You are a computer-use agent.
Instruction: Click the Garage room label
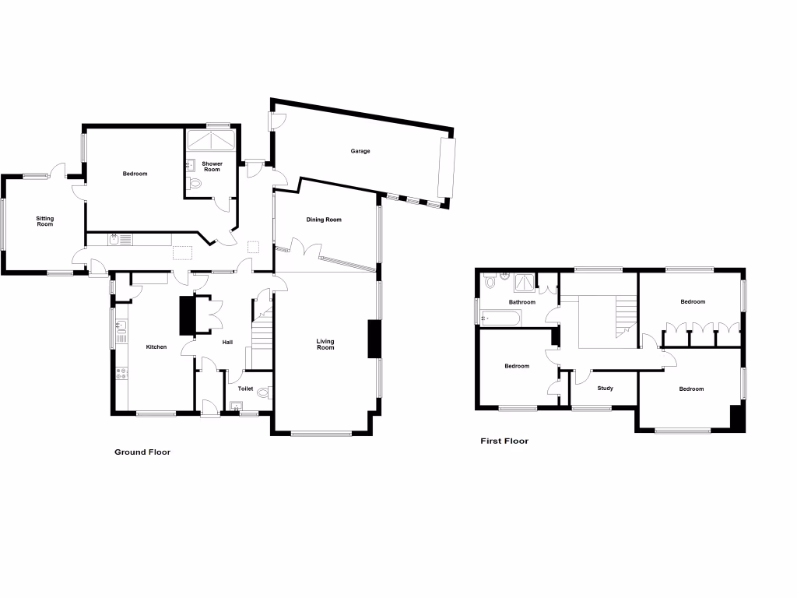359,151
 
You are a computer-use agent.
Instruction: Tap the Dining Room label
323,220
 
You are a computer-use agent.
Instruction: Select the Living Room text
325,344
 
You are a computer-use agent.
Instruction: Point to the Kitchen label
156,346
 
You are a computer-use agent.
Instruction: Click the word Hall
227,341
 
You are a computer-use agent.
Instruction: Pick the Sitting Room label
45,222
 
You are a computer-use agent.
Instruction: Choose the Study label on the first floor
605,388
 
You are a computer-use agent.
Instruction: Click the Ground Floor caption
142,452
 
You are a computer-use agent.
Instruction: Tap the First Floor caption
504,441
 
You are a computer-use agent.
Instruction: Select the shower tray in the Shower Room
211,142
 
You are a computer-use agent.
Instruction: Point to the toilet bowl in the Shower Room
195,184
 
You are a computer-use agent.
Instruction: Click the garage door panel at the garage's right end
447,168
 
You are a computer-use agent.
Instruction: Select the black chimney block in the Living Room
374,339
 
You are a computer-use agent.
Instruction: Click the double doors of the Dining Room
305,251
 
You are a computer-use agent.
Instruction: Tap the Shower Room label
212,167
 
